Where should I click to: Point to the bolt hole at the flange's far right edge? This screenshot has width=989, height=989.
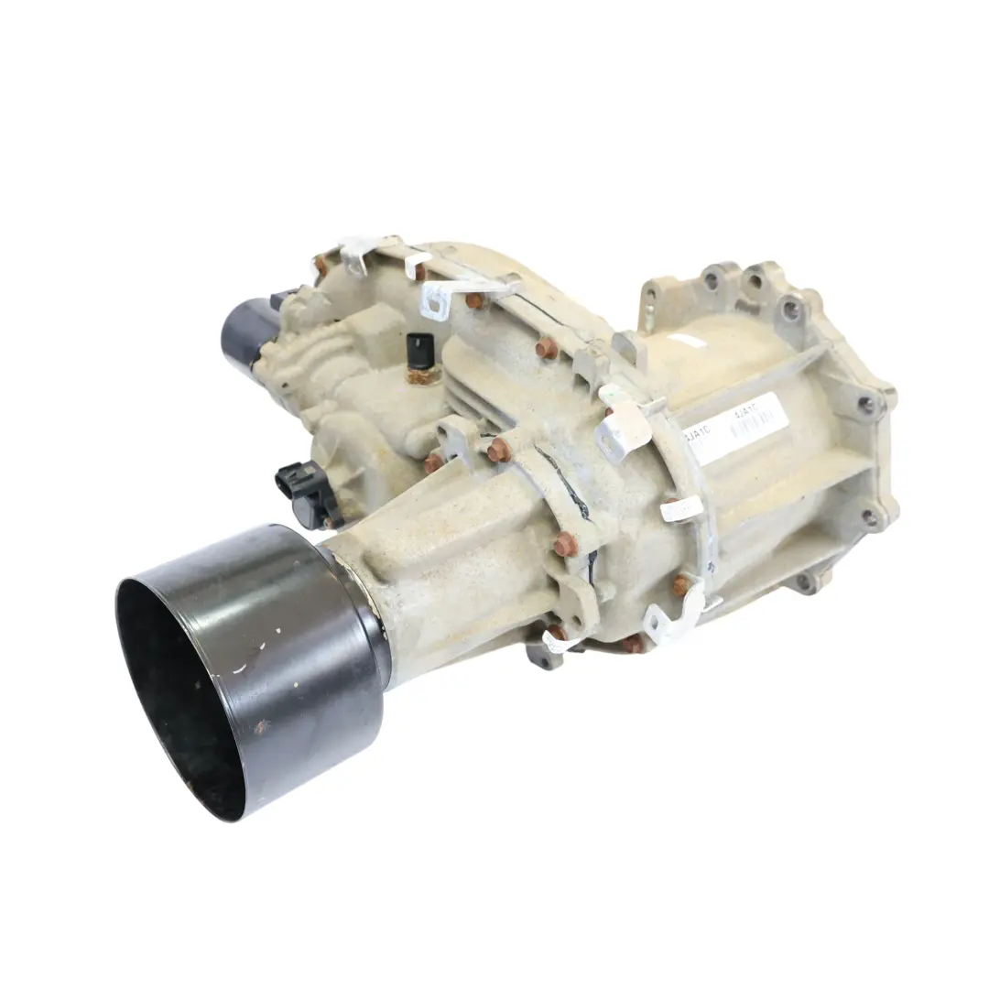(865, 404)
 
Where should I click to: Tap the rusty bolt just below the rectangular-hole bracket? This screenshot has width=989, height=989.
(473, 299)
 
